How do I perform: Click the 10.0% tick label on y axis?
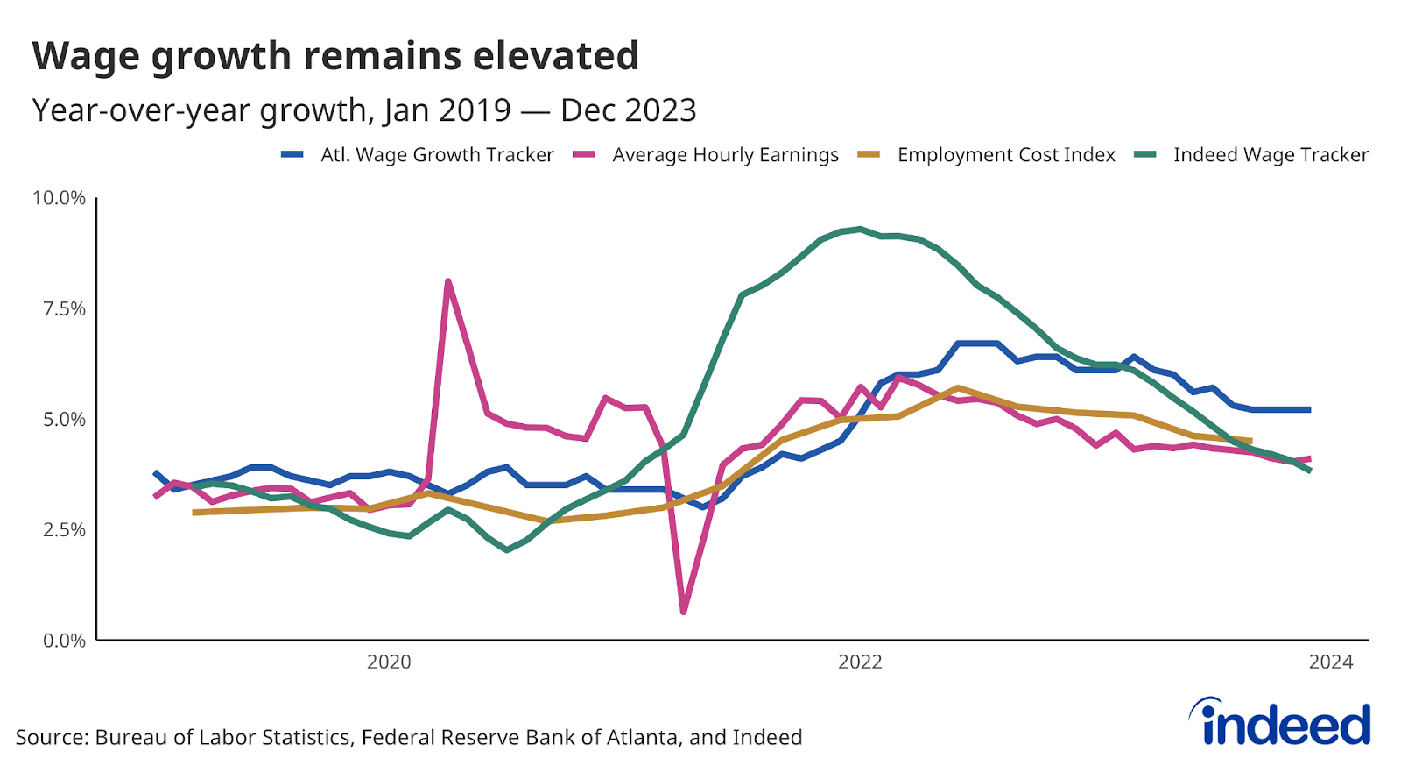pyautogui.click(x=59, y=198)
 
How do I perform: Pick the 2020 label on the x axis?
pyautogui.click(x=389, y=662)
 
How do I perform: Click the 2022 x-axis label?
pyautogui.click(x=860, y=662)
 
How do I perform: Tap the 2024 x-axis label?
pyautogui.click(x=1330, y=662)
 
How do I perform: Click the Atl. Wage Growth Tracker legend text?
pyautogui.click(x=437, y=155)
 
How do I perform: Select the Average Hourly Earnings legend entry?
pyautogui.click(x=725, y=155)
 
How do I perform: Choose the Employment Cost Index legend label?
pyautogui.click(x=1006, y=155)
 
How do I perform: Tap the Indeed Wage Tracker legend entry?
pyautogui.click(x=1271, y=155)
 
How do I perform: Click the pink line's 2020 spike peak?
pyautogui.click(x=447, y=281)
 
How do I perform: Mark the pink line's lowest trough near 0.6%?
pyautogui.click(x=683, y=611)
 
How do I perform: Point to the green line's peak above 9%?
pyautogui.click(x=861, y=230)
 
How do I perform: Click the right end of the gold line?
pyautogui.click(x=1250, y=441)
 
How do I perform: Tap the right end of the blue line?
pyautogui.click(x=1309, y=409)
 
